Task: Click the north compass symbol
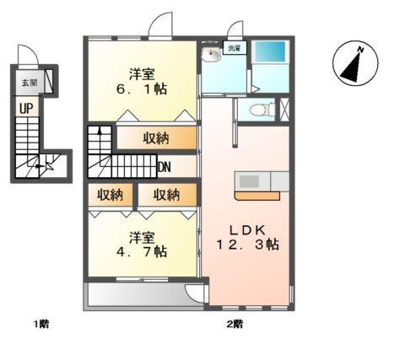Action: tap(354, 66)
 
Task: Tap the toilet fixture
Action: tap(265, 109)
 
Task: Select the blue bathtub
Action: tap(271, 55)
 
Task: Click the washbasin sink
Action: tap(211, 55)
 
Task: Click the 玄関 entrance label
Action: tap(29, 84)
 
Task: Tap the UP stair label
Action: tap(27, 108)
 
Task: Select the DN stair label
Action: tap(165, 167)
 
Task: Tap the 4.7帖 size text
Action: tap(141, 251)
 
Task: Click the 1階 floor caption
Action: tap(40, 324)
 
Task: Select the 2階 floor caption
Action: tap(234, 324)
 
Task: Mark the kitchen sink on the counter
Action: tap(251, 180)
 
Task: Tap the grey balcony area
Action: tap(135, 296)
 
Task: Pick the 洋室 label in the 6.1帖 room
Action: tap(141, 71)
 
